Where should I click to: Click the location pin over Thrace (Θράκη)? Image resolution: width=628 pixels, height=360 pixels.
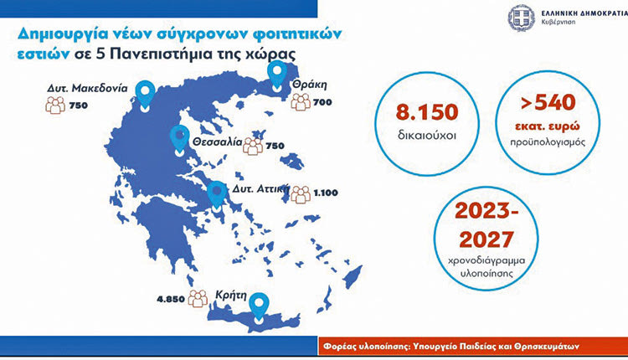pos(277,75)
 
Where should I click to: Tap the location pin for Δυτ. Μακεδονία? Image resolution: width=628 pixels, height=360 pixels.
pos(145,95)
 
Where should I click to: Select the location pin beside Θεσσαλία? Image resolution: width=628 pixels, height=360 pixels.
pos(179,140)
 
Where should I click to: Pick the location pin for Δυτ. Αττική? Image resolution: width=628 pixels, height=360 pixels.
pos(217,196)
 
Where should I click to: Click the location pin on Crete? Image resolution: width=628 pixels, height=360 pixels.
pos(259,307)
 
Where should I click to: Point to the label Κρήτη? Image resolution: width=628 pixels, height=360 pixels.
pos(231,296)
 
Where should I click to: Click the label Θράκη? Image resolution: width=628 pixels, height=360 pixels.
pos(310,85)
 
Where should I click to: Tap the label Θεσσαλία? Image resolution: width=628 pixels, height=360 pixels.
pos(217,142)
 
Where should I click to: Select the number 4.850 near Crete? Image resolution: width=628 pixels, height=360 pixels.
pos(171,299)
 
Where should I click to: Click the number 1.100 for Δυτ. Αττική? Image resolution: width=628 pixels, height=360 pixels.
pos(326,193)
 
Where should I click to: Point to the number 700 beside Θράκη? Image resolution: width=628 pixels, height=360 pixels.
pos(322,102)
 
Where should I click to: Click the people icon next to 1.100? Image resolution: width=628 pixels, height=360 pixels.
pos(301,194)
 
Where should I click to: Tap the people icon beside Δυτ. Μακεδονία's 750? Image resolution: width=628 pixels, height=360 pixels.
pos(55,105)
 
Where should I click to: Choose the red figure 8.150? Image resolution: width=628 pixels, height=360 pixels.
pos(427,112)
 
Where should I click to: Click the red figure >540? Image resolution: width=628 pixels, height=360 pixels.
pos(548,103)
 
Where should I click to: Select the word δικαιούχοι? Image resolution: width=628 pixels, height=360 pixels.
pos(427,136)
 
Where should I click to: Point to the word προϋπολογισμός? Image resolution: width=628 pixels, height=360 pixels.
pos(548,142)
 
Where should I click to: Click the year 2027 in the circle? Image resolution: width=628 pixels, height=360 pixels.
pos(486,239)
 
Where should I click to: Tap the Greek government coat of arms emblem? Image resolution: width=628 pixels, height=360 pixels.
pos(522,18)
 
